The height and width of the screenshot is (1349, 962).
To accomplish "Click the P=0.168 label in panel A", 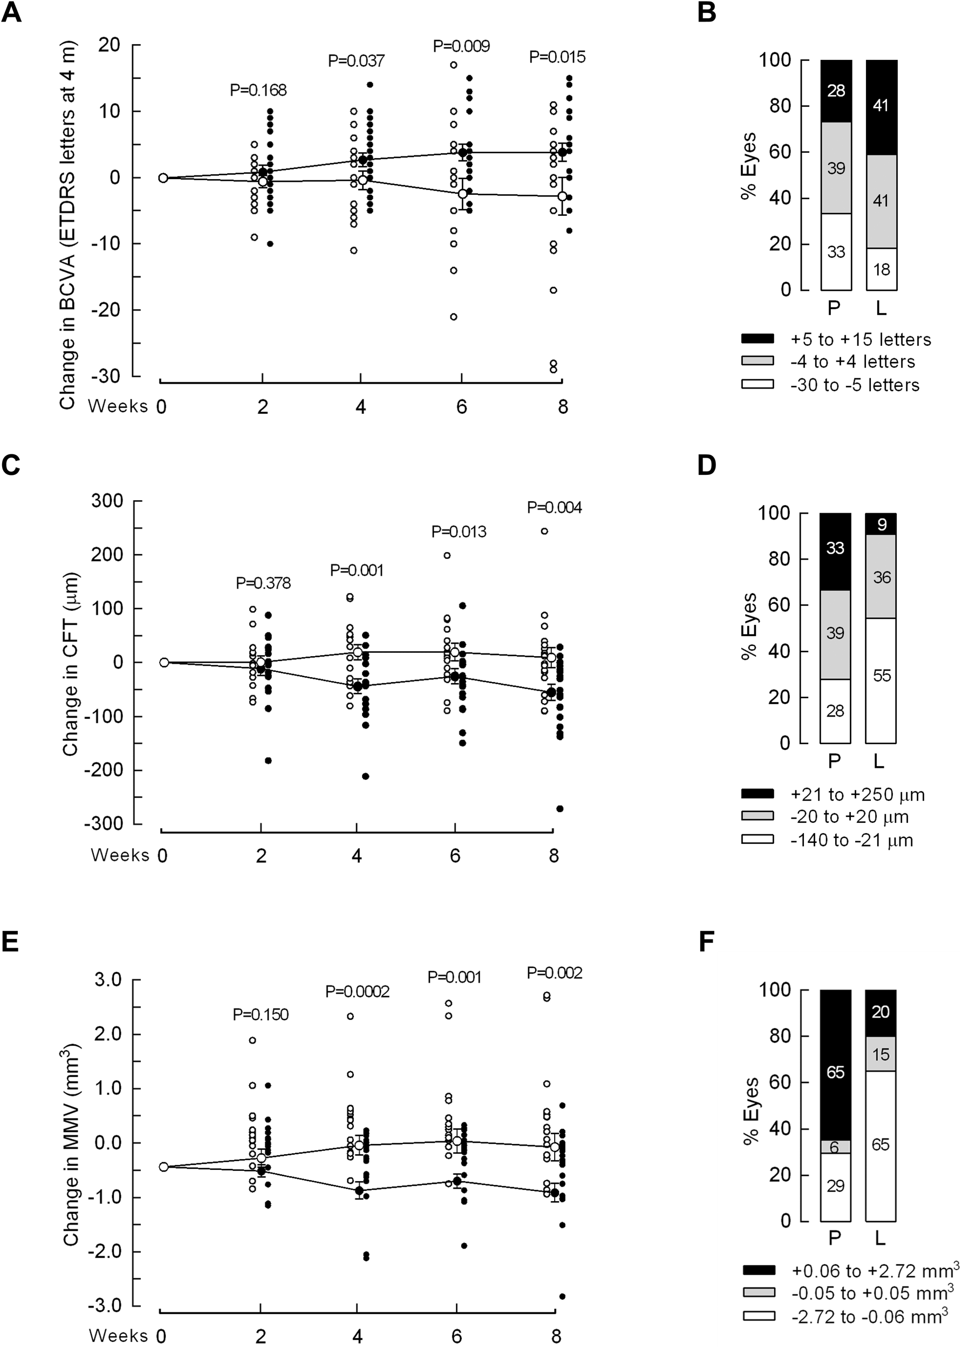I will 258,90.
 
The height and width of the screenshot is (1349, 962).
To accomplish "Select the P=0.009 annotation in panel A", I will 461,46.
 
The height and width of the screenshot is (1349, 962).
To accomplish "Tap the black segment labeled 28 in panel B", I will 836,91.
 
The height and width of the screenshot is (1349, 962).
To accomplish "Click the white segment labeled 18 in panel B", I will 882,270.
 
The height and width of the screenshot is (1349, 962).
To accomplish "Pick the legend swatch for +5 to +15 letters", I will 757,339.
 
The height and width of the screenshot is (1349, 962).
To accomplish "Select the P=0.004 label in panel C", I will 555,508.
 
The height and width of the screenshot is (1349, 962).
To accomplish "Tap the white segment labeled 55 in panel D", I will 881,676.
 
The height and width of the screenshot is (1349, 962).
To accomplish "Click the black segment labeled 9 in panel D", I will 881,524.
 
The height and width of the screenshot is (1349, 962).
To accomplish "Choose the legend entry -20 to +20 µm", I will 849,817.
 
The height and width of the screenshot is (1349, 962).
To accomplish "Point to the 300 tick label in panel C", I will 107,501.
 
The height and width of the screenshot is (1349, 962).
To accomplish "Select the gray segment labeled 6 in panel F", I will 835,1148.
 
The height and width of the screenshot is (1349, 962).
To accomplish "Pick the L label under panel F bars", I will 879,1238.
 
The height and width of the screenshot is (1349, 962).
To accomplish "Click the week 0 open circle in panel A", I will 163,178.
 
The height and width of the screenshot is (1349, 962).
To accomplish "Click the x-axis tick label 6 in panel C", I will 455,856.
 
